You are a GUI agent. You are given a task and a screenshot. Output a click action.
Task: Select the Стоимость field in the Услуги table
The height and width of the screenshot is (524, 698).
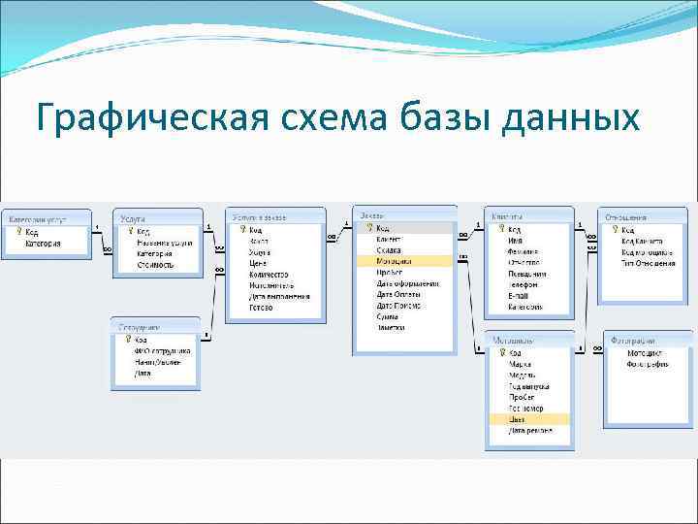(x=155, y=265)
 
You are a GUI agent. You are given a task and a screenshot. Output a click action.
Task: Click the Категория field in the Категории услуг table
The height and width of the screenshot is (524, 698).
(x=43, y=244)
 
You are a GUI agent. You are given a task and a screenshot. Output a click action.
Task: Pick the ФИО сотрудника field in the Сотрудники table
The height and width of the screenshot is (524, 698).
(x=162, y=350)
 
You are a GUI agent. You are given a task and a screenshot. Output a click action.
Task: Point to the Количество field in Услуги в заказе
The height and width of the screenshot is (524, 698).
(x=269, y=275)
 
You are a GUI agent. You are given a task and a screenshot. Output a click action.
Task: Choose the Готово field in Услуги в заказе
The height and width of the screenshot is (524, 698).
(x=261, y=308)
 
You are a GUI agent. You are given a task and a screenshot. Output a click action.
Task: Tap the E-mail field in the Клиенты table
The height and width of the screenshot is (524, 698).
(x=519, y=295)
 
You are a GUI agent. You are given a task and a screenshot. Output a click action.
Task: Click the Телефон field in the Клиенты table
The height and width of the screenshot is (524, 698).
(x=524, y=284)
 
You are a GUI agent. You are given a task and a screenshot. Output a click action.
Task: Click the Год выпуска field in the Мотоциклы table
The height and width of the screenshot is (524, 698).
(x=529, y=386)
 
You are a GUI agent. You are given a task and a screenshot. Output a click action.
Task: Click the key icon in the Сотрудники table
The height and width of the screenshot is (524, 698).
(x=126, y=340)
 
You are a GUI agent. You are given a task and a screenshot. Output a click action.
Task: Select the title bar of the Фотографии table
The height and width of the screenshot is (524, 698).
(x=647, y=342)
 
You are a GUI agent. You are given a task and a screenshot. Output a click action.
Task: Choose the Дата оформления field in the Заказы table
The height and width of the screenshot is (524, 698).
(x=407, y=283)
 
